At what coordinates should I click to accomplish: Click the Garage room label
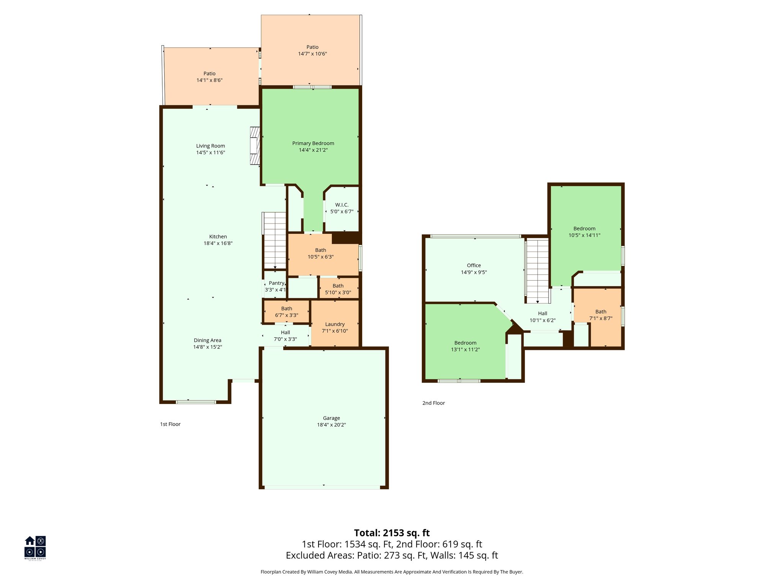click(x=331, y=418)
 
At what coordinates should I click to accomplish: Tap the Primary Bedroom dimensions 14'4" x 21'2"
click(x=313, y=150)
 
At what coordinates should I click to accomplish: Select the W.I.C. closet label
click(x=341, y=205)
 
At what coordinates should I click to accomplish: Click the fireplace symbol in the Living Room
click(x=255, y=146)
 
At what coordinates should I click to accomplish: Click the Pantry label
click(x=276, y=283)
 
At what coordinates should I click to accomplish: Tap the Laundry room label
click(x=335, y=324)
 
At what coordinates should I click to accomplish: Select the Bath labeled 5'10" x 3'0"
click(x=338, y=289)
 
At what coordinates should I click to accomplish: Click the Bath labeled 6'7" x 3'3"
click(x=286, y=312)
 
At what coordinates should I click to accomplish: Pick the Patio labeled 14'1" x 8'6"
click(x=209, y=77)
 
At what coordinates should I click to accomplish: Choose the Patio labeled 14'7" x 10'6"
click(x=312, y=50)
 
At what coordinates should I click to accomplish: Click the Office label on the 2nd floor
click(x=474, y=265)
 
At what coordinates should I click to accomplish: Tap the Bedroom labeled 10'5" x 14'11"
click(x=584, y=232)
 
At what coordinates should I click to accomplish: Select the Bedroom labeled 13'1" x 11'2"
click(x=465, y=346)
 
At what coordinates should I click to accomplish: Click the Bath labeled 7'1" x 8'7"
click(x=601, y=315)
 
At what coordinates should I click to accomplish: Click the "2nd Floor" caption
click(x=433, y=403)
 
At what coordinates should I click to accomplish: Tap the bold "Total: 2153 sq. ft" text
click(x=392, y=533)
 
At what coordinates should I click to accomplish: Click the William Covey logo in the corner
click(x=35, y=547)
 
